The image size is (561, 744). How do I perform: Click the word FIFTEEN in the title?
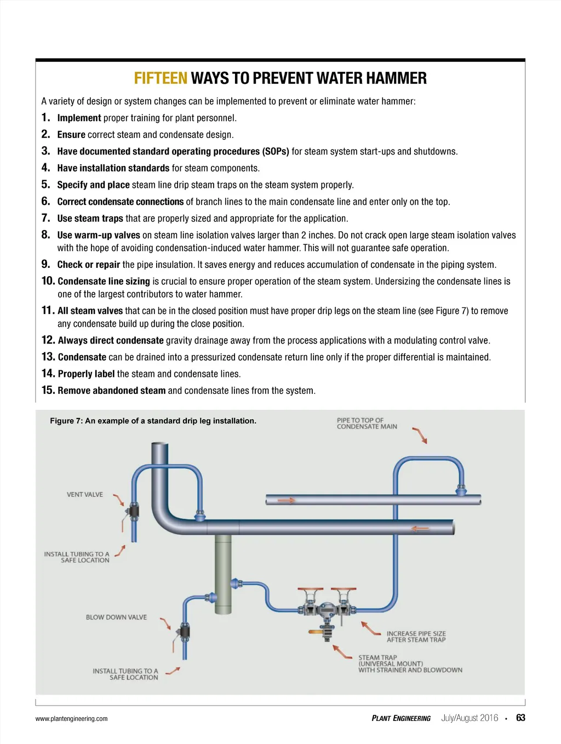pyautogui.click(x=161, y=78)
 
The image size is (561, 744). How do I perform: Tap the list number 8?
pyautogui.click(x=45, y=234)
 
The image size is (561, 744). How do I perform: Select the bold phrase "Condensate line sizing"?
pyautogui.click(x=104, y=281)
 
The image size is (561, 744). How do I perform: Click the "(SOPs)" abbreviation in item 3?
pyautogui.click(x=276, y=151)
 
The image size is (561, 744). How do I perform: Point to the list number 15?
pyautogui.click(x=48, y=390)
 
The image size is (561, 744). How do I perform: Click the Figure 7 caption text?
pyautogui.click(x=153, y=421)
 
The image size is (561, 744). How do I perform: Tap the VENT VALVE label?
pyautogui.click(x=85, y=494)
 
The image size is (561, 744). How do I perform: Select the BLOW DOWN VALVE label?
pyautogui.click(x=116, y=617)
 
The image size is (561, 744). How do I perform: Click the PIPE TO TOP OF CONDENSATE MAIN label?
pyautogui.click(x=367, y=423)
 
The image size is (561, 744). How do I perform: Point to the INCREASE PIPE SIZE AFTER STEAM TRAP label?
pyautogui.click(x=416, y=636)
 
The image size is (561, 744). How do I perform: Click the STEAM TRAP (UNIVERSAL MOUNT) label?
pyautogui.click(x=410, y=663)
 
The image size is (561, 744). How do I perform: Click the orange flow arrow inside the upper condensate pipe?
pyautogui.click(x=287, y=500)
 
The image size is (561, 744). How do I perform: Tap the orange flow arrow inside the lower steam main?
pyautogui.click(x=420, y=529)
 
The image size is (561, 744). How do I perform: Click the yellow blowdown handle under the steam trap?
pyautogui.click(x=316, y=632)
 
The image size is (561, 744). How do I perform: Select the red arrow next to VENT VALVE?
pyautogui.click(x=119, y=499)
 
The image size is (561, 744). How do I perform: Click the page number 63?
pyautogui.click(x=520, y=718)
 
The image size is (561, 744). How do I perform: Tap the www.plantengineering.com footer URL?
pyautogui.click(x=71, y=719)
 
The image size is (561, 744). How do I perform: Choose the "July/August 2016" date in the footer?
pyautogui.click(x=470, y=718)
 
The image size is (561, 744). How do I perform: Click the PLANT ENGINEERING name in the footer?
pyautogui.click(x=401, y=718)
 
